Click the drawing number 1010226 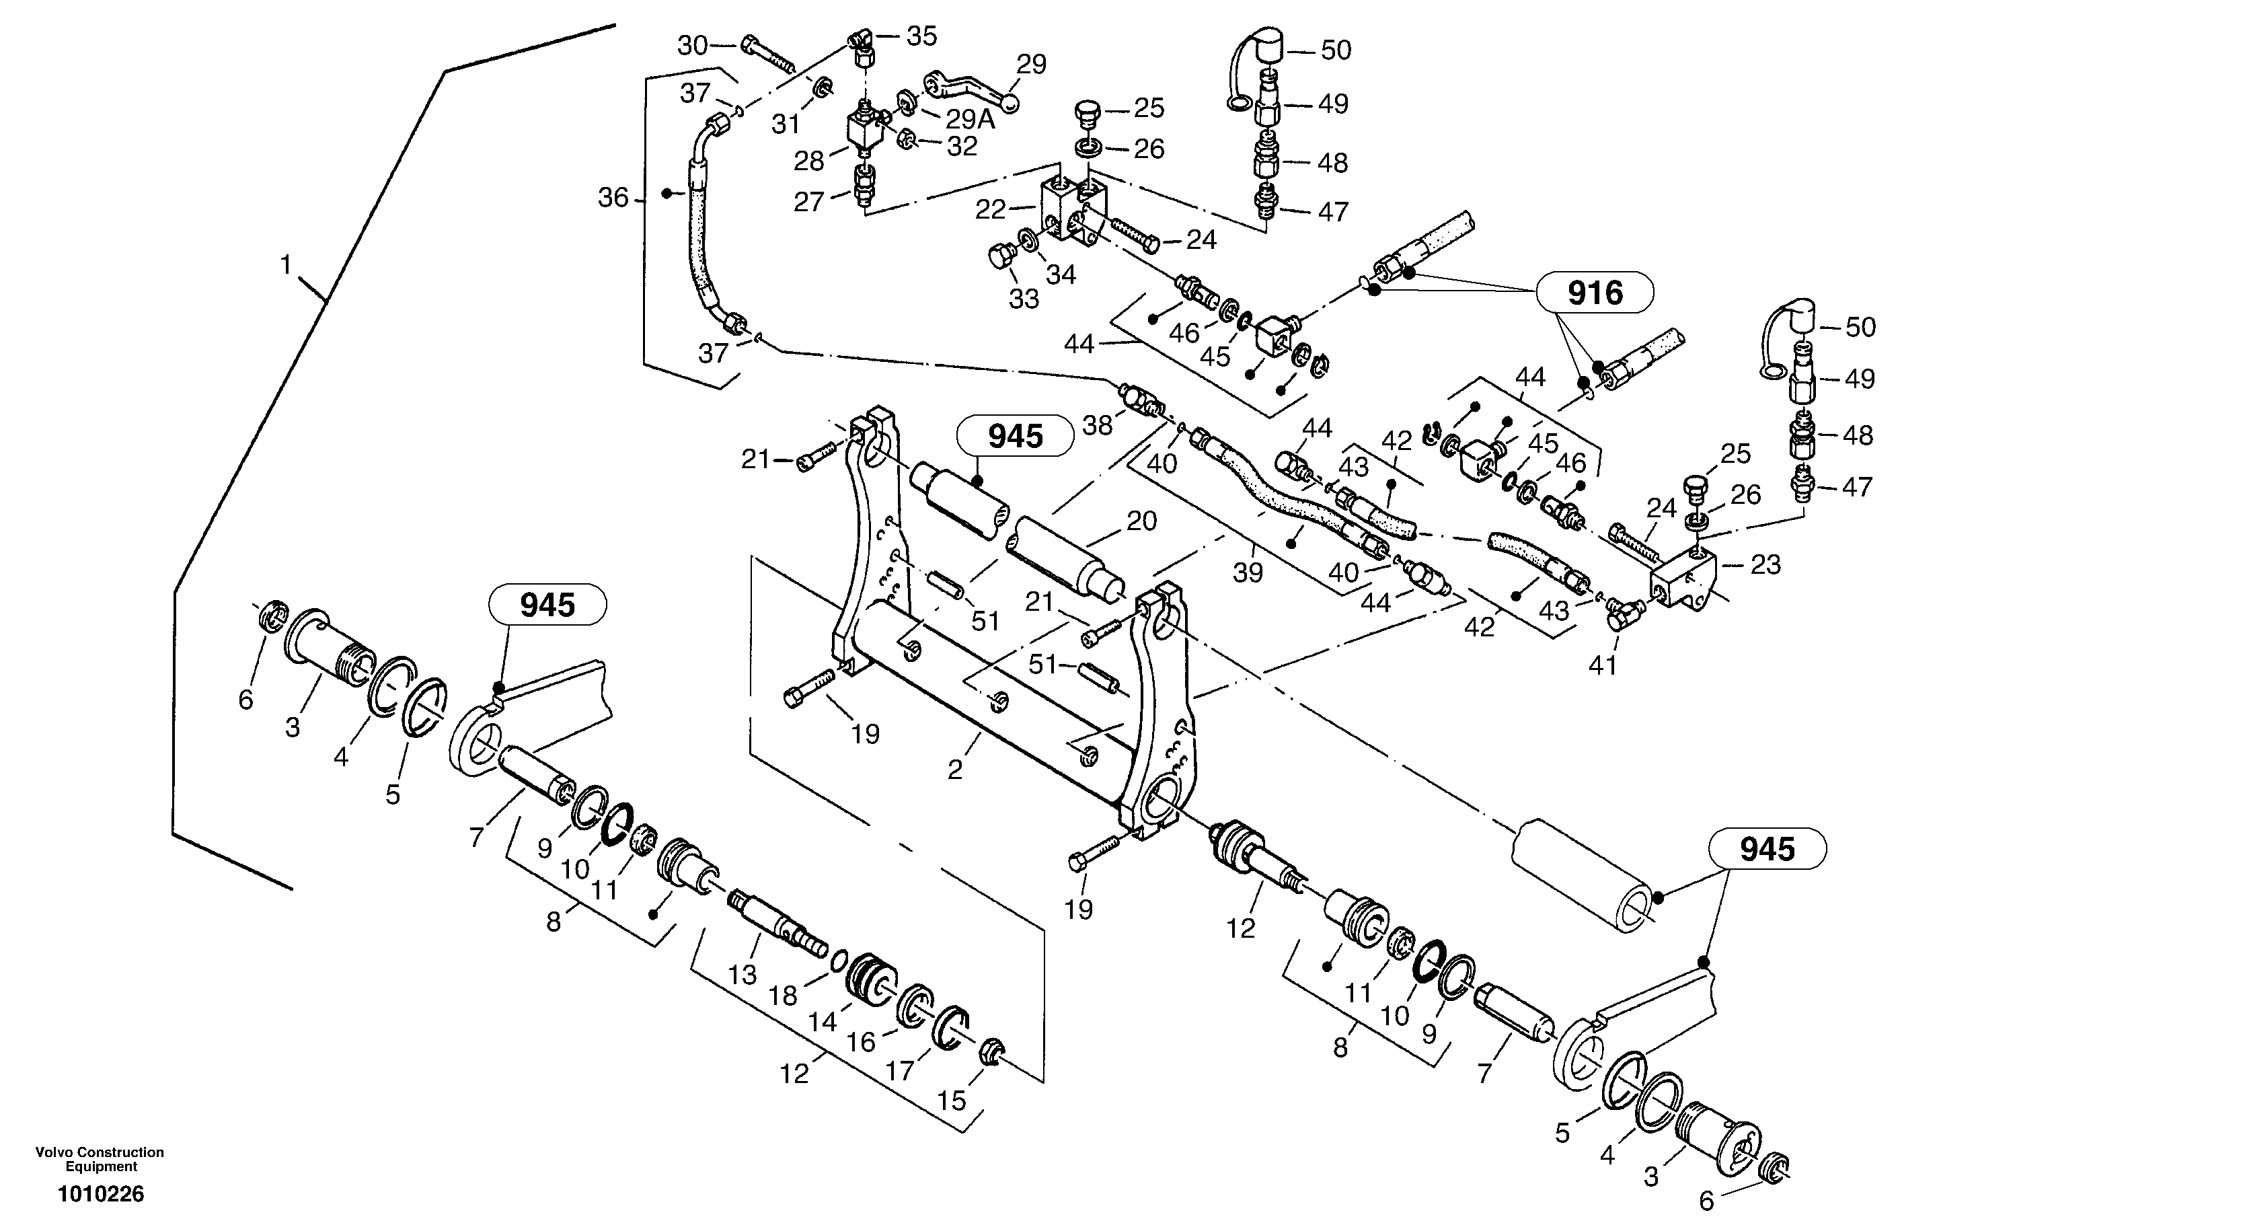101,1194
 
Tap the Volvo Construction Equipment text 100,1159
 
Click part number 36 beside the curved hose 612,198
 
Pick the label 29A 969,119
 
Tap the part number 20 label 1141,521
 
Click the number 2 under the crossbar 955,770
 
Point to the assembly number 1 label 286,265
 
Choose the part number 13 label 742,975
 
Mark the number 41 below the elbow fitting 1602,665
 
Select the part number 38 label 1097,425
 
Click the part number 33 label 1024,299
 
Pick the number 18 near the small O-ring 783,996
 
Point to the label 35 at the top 921,36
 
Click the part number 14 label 822,1022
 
